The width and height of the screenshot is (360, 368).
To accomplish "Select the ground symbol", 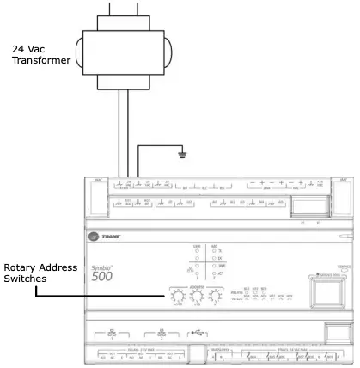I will click(181, 156).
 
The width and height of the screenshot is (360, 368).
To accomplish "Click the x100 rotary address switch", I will click(179, 297).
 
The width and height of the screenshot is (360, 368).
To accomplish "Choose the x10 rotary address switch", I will click(196, 297).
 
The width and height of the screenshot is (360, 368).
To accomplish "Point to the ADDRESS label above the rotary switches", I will click(196, 288).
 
